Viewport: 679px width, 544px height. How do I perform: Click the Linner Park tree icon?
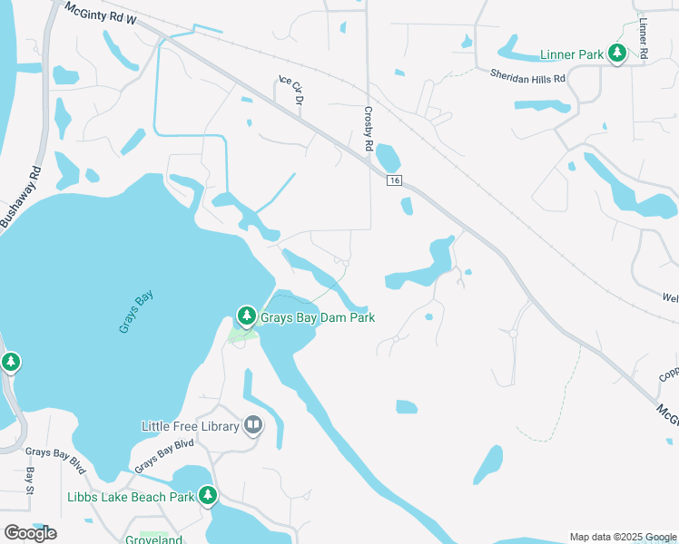click(x=617, y=54)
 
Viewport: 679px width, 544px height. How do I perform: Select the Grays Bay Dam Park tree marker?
click(x=246, y=316)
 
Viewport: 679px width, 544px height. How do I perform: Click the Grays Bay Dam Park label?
click(x=318, y=318)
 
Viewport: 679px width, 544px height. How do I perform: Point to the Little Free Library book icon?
click(x=253, y=425)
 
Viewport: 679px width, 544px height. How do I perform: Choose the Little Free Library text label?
click(x=190, y=426)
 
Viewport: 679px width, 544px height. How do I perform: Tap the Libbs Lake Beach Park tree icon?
click(x=208, y=496)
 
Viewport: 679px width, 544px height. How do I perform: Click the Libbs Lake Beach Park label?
click(x=131, y=497)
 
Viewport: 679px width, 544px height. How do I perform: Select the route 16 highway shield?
click(x=395, y=181)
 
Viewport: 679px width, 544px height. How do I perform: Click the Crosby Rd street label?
click(x=369, y=130)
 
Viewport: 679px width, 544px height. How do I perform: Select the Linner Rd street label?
click(x=643, y=38)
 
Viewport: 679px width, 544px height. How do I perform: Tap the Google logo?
click(x=30, y=533)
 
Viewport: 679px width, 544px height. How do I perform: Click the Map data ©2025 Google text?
click(x=622, y=537)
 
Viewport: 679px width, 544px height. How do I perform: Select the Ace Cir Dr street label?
click(x=290, y=92)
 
